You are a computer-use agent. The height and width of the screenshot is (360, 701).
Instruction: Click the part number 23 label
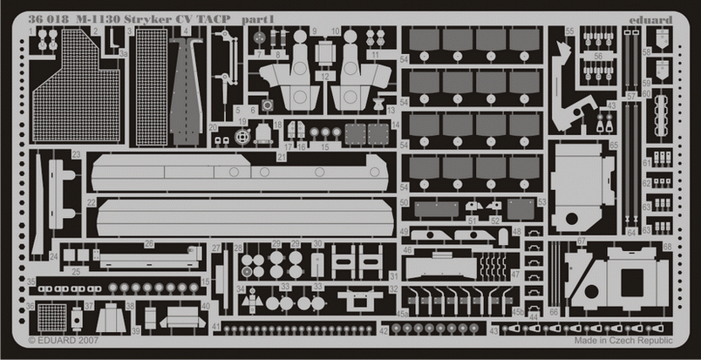pyautogui.click(x=77, y=155)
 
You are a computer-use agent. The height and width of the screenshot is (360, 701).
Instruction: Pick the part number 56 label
pyautogui.click(x=598, y=54)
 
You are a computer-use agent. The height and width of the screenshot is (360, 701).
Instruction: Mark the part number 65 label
pyautogui.click(x=614, y=146)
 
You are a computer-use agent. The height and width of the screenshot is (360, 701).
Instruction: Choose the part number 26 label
pyautogui.click(x=149, y=244)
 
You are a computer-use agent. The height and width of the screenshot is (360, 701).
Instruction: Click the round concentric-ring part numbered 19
pyautogui.click(x=243, y=136)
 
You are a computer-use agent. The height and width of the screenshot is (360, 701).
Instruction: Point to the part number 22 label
pyautogui.click(x=91, y=202)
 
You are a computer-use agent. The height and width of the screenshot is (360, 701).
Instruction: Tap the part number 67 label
pyautogui.click(x=582, y=241)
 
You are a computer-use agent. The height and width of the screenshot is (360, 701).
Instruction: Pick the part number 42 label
pyautogui.click(x=384, y=331)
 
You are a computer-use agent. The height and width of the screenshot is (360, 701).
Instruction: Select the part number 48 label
pyautogui.click(x=517, y=232)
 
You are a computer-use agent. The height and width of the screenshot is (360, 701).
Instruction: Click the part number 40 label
pyautogui.click(x=205, y=306)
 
